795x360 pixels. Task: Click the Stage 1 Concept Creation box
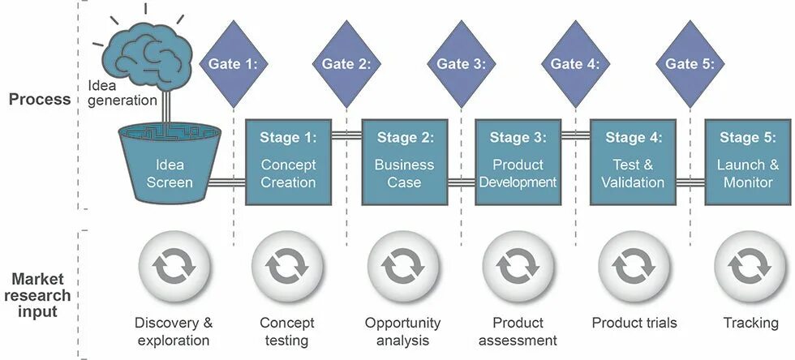coord(288,161)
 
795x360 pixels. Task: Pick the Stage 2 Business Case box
coord(403,161)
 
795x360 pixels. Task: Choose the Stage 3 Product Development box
coord(518,161)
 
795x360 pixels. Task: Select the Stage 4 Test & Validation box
coord(633,161)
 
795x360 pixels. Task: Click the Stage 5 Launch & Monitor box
coord(748,161)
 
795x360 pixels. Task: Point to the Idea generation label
coord(121,92)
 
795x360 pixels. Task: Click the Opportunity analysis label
coord(402,331)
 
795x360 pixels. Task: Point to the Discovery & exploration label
coord(174,331)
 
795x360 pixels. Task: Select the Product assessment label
coord(518,331)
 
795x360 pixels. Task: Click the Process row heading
coord(40,100)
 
